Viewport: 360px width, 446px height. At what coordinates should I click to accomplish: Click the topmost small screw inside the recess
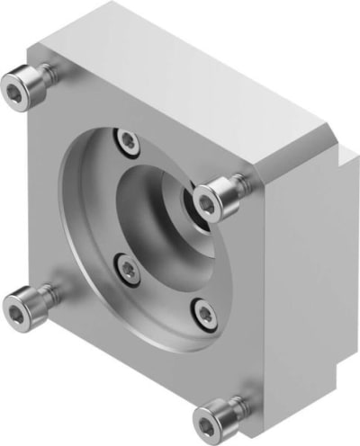point(129,140)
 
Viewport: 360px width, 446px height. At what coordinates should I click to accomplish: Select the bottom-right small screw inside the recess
point(206,314)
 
